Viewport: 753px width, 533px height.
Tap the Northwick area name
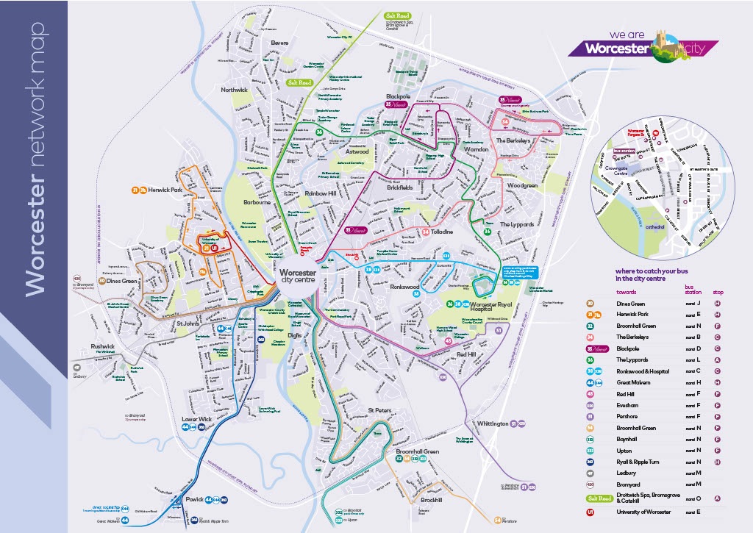(235, 90)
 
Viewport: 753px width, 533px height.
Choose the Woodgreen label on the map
(522, 186)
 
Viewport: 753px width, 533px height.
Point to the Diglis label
(295, 335)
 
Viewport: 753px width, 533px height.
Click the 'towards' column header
(627, 291)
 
